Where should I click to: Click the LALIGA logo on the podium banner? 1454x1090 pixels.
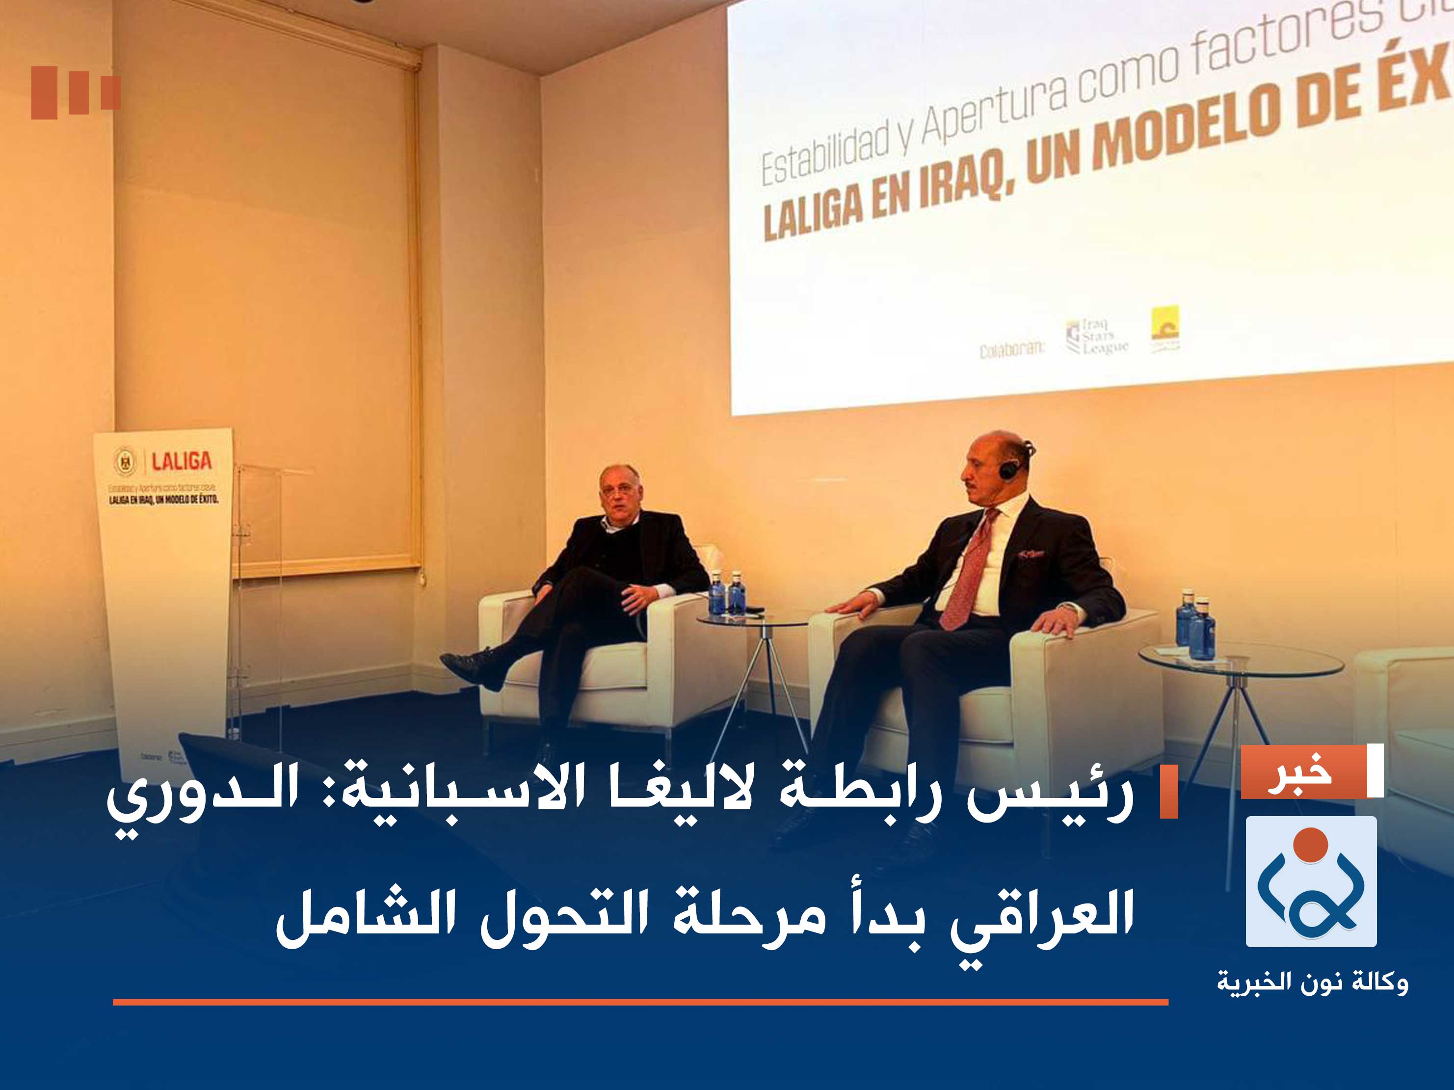[x=182, y=461]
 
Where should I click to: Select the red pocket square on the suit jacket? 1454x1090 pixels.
[x=1030, y=554]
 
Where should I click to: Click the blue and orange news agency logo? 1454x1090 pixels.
[x=1311, y=881]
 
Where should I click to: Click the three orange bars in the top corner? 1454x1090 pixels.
[x=75, y=93]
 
